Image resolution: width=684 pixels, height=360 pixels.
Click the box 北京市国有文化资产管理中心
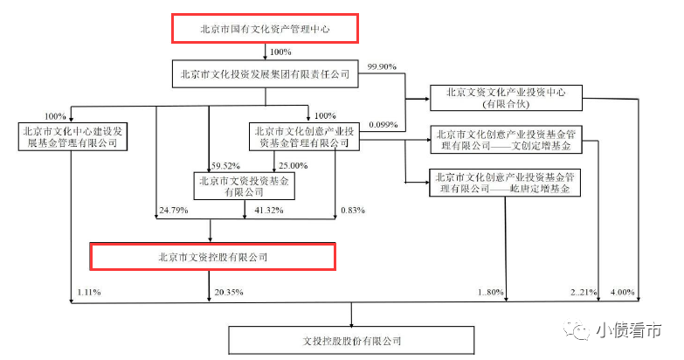click(264, 29)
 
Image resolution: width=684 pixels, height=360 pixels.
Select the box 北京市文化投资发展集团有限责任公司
click(264, 74)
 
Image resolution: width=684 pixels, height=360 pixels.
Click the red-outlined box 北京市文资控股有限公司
click(213, 257)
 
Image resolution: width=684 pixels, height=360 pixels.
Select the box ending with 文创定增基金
click(506, 138)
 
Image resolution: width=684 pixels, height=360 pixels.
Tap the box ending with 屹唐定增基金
click(506, 182)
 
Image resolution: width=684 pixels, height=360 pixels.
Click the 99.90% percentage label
click(385, 67)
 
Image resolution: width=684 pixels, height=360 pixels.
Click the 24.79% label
click(175, 211)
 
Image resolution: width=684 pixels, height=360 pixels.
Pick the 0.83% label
click(350, 211)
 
